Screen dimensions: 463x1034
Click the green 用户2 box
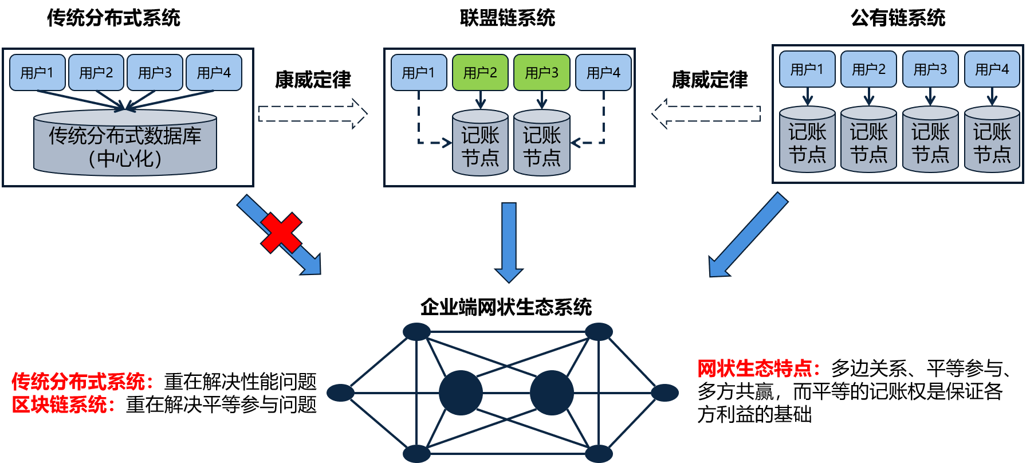[x=480, y=73]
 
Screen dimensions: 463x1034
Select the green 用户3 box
[x=541, y=73]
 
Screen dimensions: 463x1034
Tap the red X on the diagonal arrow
[x=281, y=233]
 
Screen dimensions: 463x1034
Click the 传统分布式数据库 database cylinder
[x=125, y=143]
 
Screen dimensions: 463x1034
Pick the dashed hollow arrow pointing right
[x=312, y=113]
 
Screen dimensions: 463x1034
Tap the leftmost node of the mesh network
[x=340, y=393]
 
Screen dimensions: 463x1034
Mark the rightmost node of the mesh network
[x=665, y=393]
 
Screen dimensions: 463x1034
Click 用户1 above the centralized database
[x=37, y=73]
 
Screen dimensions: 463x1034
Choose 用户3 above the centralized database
[x=155, y=73]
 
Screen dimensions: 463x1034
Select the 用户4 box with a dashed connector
[x=603, y=73]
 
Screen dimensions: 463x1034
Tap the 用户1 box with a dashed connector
[x=419, y=73]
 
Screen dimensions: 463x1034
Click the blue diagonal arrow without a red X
[x=748, y=235]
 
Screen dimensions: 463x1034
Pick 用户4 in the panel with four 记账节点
[x=992, y=69]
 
